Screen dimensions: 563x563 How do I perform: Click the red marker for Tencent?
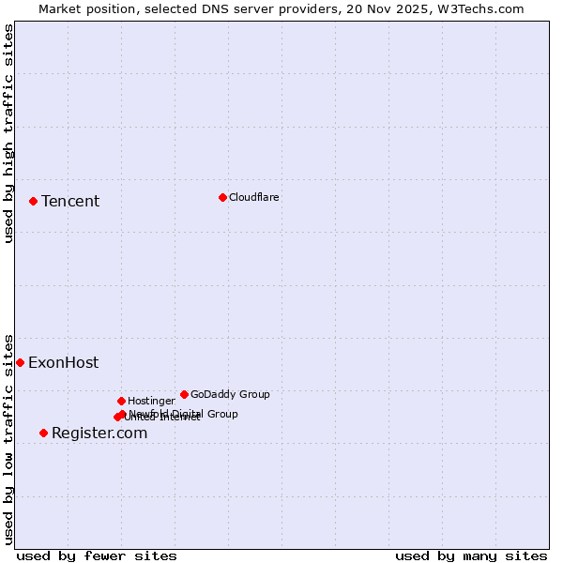(33, 201)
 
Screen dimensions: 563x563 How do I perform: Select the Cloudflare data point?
(222, 197)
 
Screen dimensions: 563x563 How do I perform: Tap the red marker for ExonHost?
(20, 362)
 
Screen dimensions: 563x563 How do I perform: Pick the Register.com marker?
(43, 433)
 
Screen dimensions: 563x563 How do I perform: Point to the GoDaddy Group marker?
(184, 394)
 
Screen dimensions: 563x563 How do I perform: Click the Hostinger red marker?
(121, 401)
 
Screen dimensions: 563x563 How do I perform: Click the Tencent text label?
(70, 201)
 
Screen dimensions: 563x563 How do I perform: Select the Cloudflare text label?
(253, 197)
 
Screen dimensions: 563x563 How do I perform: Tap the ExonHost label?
(63, 363)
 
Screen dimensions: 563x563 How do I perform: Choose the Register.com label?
(99, 433)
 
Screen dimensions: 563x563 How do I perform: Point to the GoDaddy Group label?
(230, 394)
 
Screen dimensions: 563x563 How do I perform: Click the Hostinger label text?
(151, 401)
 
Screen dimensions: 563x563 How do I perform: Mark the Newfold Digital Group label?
(183, 414)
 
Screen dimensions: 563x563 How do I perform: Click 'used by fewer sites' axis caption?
(97, 555)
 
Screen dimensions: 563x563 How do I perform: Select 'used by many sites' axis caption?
(471, 555)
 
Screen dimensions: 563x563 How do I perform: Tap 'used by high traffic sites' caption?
(8, 133)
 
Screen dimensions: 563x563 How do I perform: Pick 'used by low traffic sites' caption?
(8, 439)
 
